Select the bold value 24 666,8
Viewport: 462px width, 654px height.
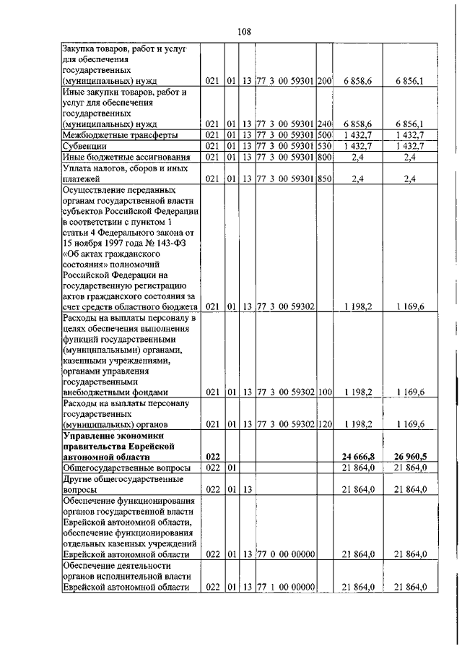click(x=357, y=457)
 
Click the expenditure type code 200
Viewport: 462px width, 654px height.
click(x=323, y=82)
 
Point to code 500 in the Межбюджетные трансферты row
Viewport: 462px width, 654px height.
click(x=323, y=134)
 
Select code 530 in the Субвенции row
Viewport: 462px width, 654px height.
click(x=323, y=145)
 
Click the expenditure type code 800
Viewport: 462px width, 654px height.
click(x=323, y=156)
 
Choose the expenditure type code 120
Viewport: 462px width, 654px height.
click(x=323, y=424)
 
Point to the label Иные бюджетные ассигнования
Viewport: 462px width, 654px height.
click(x=118, y=156)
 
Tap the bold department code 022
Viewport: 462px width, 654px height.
click(x=212, y=457)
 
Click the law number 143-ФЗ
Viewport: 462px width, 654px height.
click(x=173, y=243)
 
